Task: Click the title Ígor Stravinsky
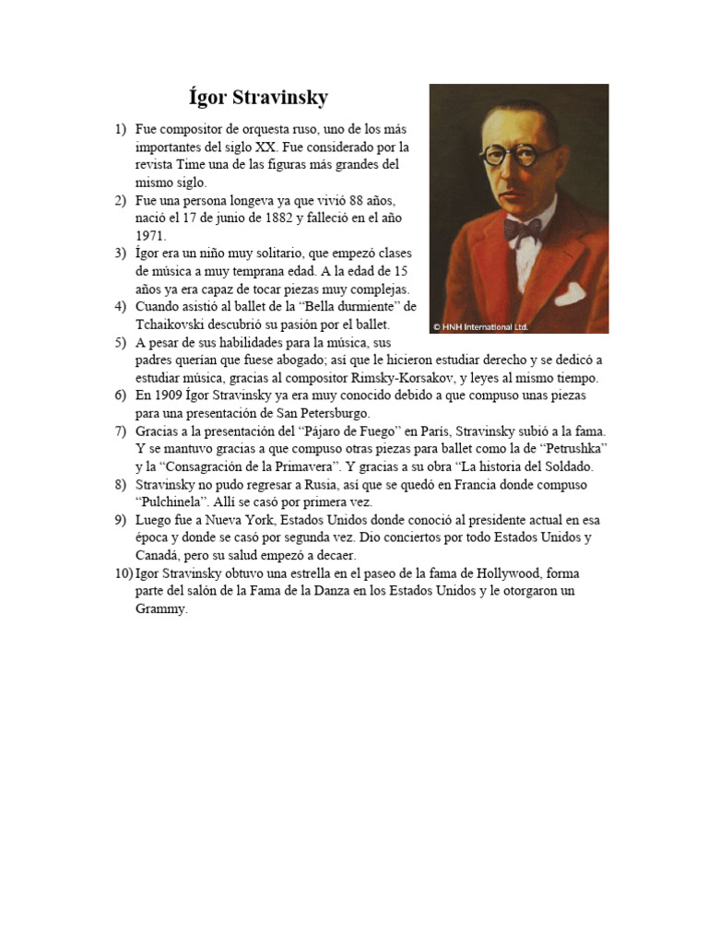click(x=257, y=98)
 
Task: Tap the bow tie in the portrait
click(x=522, y=230)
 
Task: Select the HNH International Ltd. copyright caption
click(x=480, y=326)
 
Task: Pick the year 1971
click(x=150, y=236)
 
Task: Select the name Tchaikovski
click(x=173, y=324)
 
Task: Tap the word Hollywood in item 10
click(x=499, y=573)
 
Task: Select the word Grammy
click(x=160, y=609)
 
